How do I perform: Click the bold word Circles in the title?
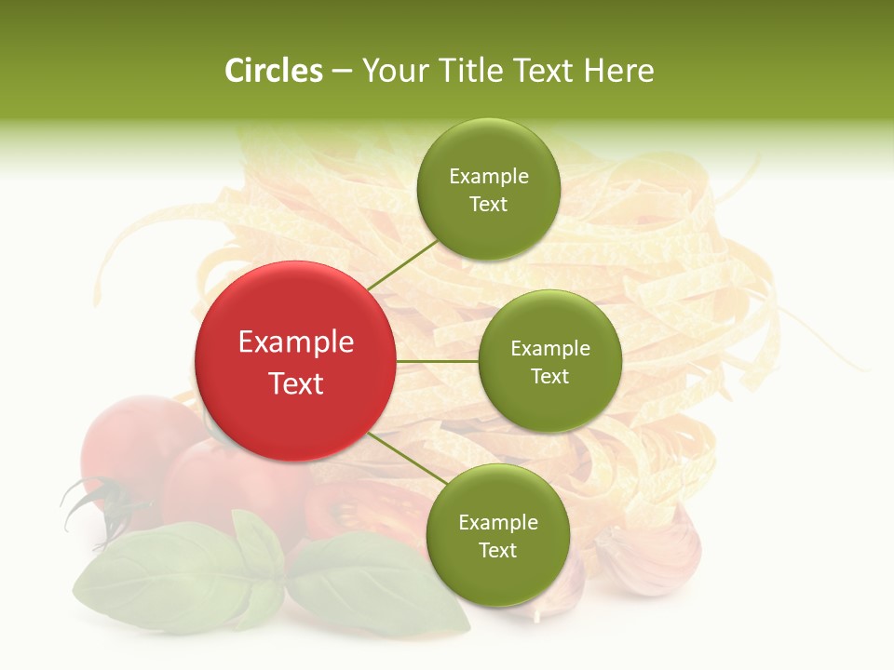point(273,71)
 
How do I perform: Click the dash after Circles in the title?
point(342,72)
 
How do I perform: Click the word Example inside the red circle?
point(296,342)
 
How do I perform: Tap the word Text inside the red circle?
point(296,383)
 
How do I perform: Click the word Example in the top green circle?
point(488,177)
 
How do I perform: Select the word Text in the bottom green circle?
point(497,550)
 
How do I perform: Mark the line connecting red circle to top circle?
point(401,264)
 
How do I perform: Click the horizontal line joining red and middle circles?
point(437,361)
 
